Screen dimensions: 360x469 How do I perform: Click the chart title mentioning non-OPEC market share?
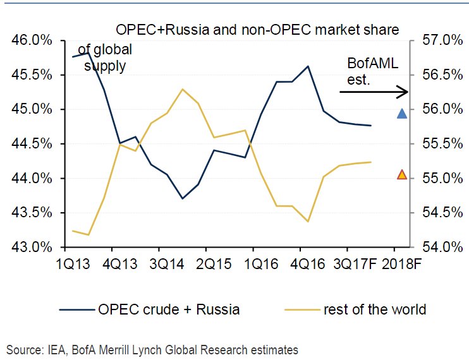(257, 30)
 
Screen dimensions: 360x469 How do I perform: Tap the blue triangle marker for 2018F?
(401, 114)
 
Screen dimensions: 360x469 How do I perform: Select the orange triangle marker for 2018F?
(401, 174)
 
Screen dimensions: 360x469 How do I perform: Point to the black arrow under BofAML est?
(374, 92)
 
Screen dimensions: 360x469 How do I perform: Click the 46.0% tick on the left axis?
(31, 41)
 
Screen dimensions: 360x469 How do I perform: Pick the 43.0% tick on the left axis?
(31, 247)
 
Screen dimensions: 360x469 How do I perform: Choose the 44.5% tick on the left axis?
(31, 144)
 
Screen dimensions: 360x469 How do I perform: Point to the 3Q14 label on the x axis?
(166, 262)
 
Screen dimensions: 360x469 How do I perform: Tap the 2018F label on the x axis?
(401, 262)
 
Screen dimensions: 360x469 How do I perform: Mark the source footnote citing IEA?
(152, 349)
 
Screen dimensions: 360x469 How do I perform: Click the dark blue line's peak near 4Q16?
(308, 66)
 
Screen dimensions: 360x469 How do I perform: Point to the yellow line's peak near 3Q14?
(183, 89)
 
